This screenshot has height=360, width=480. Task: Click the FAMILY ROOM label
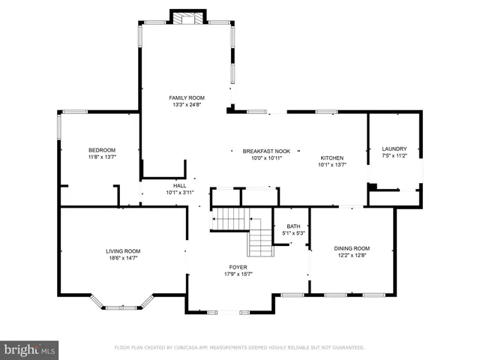pyautogui.click(x=187, y=97)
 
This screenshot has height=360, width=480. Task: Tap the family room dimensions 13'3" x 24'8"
pyautogui.click(x=187, y=105)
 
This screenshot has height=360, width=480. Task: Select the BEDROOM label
pyautogui.click(x=101, y=149)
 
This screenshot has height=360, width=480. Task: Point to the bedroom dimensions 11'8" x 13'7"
pyautogui.click(x=101, y=157)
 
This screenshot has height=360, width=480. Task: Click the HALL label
pyautogui.click(x=180, y=185)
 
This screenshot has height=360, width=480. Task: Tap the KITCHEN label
pyautogui.click(x=332, y=157)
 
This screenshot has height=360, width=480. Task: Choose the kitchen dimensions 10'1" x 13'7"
pyautogui.click(x=332, y=165)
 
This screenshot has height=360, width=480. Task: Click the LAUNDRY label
pyautogui.click(x=394, y=148)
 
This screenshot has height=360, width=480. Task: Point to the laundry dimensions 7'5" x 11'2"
pyautogui.click(x=394, y=156)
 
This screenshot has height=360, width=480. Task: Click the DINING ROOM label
pyautogui.click(x=352, y=248)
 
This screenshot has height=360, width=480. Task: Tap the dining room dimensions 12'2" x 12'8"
pyautogui.click(x=352, y=256)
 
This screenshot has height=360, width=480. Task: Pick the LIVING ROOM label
pyautogui.click(x=122, y=250)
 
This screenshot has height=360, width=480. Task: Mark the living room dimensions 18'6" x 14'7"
pyautogui.click(x=122, y=258)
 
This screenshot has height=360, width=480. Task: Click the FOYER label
pyautogui.click(x=238, y=267)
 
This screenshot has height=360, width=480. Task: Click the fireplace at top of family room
pyautogui.click(x=187, y=16)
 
